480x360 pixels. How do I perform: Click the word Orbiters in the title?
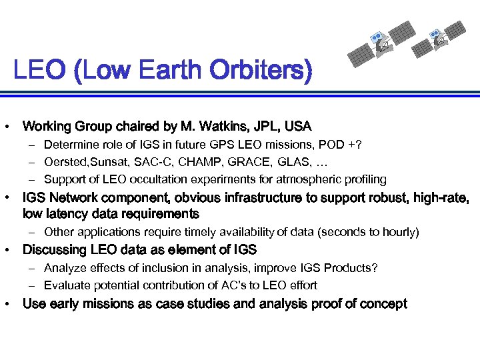pyautogui.click(x=259, y=70)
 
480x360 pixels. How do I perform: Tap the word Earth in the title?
pyautogui.click(x=165, y=70)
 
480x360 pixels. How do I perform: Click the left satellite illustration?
pyautogui.click(x=383, y=41)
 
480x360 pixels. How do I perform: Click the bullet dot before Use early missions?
pyautogui.click(x=7, y=304)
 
